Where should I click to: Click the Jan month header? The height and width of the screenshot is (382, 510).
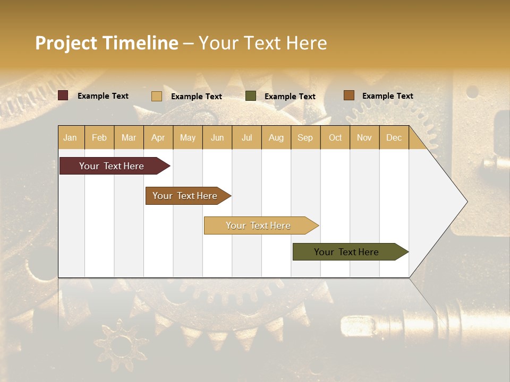click(71, 137)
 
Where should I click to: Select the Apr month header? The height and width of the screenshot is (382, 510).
click(158, 137)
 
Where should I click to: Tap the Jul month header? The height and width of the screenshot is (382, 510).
click(246, 137)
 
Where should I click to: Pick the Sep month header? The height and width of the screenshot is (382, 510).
click(305, 137)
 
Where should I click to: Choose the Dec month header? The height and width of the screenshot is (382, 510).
click(394, 137)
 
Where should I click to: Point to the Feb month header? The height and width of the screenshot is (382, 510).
click(99, 137)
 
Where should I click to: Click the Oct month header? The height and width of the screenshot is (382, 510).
click(335, 137)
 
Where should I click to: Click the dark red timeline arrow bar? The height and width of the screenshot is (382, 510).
click(112, 166)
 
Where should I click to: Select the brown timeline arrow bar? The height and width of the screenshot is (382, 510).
click(185, 196)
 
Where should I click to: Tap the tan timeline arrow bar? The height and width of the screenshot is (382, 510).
click(259, 225)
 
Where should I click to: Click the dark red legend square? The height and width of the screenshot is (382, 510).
click(63, 95)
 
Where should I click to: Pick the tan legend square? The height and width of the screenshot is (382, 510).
click(157, 96)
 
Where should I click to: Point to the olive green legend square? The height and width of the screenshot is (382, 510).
click(251, 96)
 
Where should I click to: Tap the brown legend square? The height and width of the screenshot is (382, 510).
click(348, 95)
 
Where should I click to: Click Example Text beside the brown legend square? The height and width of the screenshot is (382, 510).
click(387, 96)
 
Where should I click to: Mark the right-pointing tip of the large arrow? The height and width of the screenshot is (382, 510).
click(466, 202)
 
